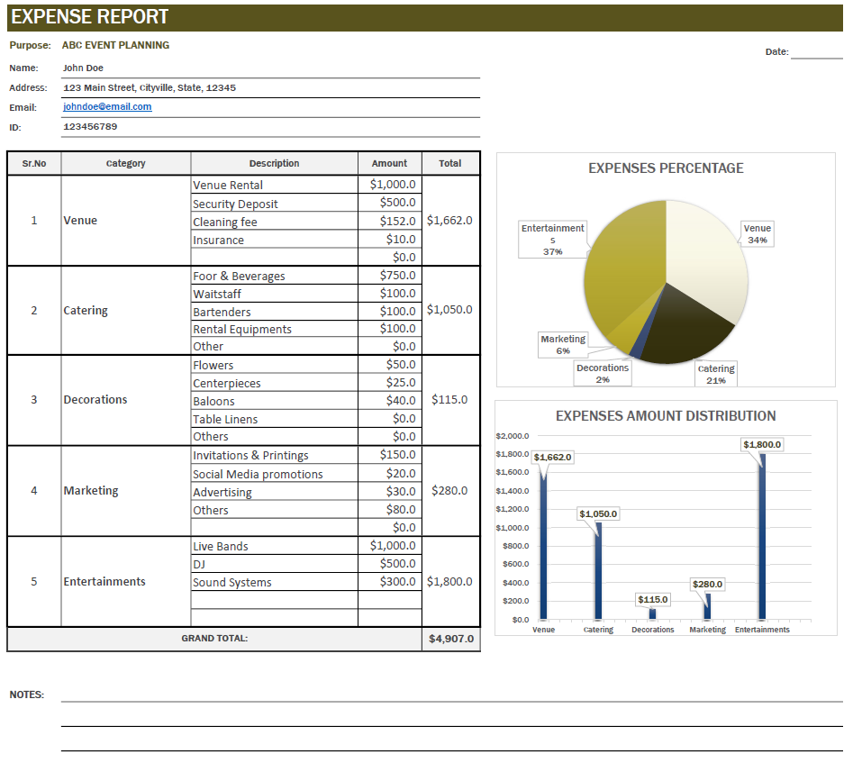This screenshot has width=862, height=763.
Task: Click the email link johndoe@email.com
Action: click(107, 106)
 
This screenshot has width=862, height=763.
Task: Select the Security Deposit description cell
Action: click(235, 204)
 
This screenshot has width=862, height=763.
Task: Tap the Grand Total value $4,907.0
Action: click(450, 640)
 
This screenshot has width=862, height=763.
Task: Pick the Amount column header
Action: click(389, 163)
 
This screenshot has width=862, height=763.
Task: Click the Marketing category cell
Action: click(91, 491)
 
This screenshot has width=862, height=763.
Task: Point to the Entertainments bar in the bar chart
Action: click(762, 540)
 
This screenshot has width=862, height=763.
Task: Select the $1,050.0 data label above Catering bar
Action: click(598, 513)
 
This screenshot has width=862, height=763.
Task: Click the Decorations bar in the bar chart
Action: click(653, 614)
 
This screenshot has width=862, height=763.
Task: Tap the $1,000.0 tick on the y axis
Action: click(513, 528)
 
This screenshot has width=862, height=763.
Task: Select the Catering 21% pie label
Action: click(716, 374)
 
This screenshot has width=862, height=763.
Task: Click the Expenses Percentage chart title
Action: click(666, 168)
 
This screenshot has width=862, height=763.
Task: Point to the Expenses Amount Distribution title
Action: click(666, 416)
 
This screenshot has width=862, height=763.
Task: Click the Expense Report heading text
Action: click(90, 17)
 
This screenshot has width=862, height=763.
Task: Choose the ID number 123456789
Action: click(90, 127)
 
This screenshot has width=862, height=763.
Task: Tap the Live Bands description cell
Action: click(221, 546)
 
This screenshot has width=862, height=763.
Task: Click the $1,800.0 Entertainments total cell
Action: click(449, 582)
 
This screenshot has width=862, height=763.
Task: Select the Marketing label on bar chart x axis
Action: click(707, 630)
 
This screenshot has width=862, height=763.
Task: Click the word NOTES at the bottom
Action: click(26, 695)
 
